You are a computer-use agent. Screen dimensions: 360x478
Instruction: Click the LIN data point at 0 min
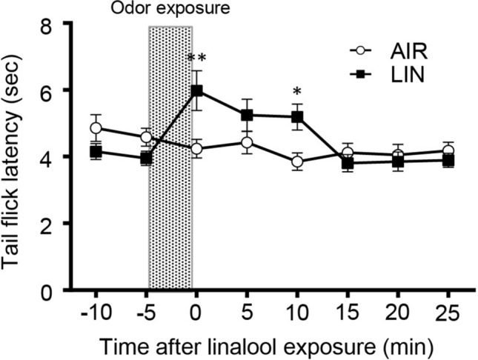pyautogui.click(x=197, y=90)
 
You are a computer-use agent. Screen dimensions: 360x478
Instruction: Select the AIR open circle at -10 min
pyautogui.click(x=96, y=128)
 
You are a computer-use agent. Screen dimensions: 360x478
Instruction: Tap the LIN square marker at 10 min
pyautogui.click(x=298, y=116)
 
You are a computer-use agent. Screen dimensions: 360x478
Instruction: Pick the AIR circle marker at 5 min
pyautogui.click(x=248, y=142)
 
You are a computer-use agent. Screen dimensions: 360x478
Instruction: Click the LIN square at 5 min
pyautogui.click(x=248, y=115)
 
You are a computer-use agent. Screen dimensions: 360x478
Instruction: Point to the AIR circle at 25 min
pyautogui.click(x=448, y=151)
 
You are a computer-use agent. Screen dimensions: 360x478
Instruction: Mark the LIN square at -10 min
pyautogui.click(x=96, y=152)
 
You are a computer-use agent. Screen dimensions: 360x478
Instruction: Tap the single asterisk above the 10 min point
pyautogui.click(x=297, y=92)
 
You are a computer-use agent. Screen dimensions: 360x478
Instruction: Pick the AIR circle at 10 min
pyautogui.click(x=298, y=161)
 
